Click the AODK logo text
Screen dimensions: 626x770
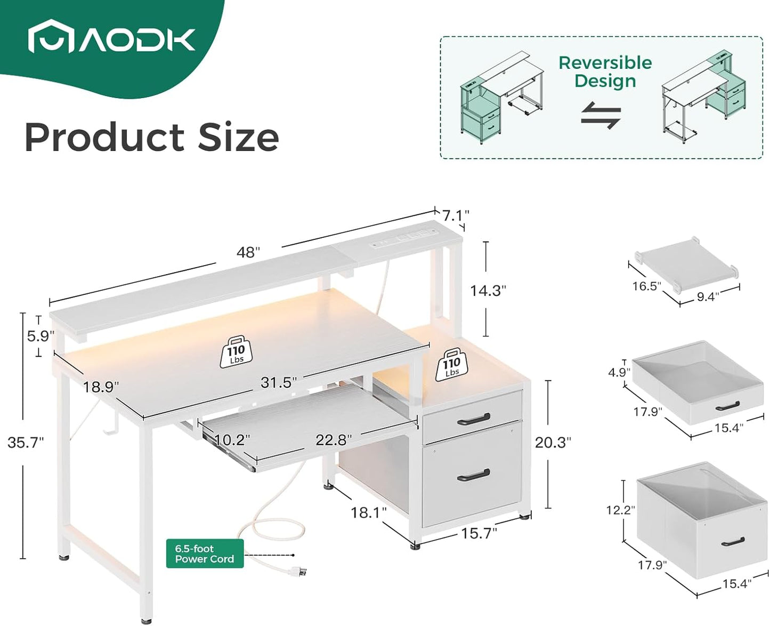pyautogui.click(x=137, y=39)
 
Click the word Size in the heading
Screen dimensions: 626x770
pyautogui.click(x=238, y=138)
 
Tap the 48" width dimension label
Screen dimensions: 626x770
pyautogui.click(x=248, y=252)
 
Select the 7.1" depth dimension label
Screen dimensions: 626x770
pyautogui.click(x=456, y=215)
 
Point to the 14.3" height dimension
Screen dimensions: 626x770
pyautogui.click(x=488, y=291)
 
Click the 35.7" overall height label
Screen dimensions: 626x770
pyautogui.click(x=26, y=443)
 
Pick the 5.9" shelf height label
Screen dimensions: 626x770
pyautogui.click(x=41, y=336)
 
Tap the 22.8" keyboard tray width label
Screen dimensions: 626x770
pyautogui.click(x=333, y=440)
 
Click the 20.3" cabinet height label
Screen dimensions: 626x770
pyautogui.click(x=553, y=442)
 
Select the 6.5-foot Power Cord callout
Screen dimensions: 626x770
pyautogui.click(x=205, y=553)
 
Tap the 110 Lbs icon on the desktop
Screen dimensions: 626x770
pyautogui.click(x=236, y=352)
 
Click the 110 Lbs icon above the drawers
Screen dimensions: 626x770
pyautogui.click(x=451, y=365)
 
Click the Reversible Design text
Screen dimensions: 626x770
pyautogui.click(x=605, y=71)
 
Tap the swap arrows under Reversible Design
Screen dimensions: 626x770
pyautogui.click(x=601, y=115)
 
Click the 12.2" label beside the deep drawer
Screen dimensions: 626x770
pyautogui.click(x=620, y=510)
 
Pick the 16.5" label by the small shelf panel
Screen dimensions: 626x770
pyautogui.click(x=646, y=286)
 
